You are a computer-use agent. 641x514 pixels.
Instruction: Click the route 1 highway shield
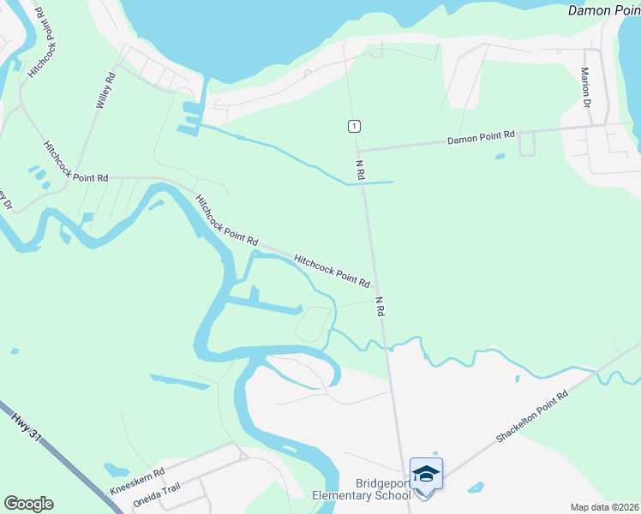(x=354, y=126)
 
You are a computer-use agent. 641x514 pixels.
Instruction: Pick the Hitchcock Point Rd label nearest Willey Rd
(x=75, y=160)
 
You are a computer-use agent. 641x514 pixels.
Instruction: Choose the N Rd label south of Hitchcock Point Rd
(x=379, y=307)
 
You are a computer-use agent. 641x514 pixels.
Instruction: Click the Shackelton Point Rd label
(x=532, y=417)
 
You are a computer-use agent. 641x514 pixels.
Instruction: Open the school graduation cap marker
(x=426, y=472)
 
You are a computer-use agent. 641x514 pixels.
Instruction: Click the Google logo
(x=28, y=504)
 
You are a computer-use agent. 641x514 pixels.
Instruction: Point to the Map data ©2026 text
(x=603, y=507)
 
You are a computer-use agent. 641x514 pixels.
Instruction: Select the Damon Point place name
(x=604, y=10)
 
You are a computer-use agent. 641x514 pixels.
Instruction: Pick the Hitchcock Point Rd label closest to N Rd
(x=332, y=269)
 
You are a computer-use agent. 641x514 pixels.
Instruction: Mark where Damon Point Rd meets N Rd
(x=356, y=149)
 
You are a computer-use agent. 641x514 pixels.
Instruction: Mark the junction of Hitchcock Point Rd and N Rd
(x=374, y=288)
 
